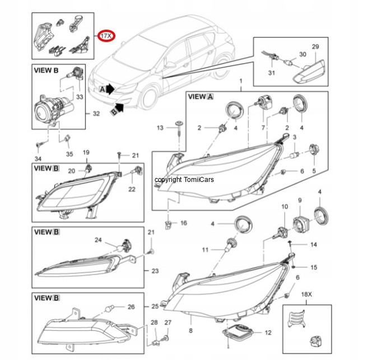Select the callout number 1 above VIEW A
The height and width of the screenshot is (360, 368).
[x=241, y=82]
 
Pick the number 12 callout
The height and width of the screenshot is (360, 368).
[x=268, y=333]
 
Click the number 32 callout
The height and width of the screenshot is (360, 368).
[x=96, y=113]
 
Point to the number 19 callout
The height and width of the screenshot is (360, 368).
[x=86, y=152]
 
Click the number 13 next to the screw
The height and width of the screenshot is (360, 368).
[x=160, y=128]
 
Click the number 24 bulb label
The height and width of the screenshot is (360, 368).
[x=97, y=241]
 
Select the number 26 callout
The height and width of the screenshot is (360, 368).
[x=131, y=307]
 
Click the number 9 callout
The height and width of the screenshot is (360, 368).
[x=300, y=200]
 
